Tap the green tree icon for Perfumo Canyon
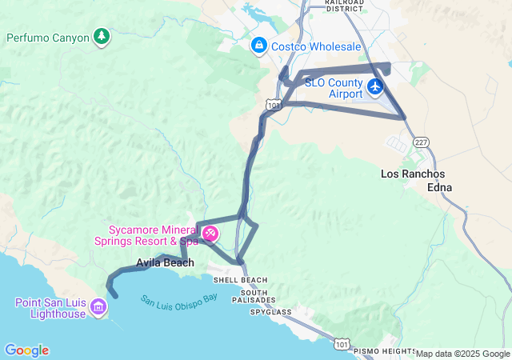pos(101,36)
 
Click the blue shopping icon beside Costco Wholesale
pos(258,46)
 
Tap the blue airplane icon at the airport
pos(375,86)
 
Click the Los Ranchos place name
pos(413,174)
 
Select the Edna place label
pos(440,187)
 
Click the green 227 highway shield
pos(422,142)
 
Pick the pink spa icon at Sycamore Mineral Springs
pos(210,234)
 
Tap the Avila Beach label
pos(165,262)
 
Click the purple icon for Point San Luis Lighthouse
pos(98,306)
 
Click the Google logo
pos(26,350)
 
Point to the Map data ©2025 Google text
pos(462,354)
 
